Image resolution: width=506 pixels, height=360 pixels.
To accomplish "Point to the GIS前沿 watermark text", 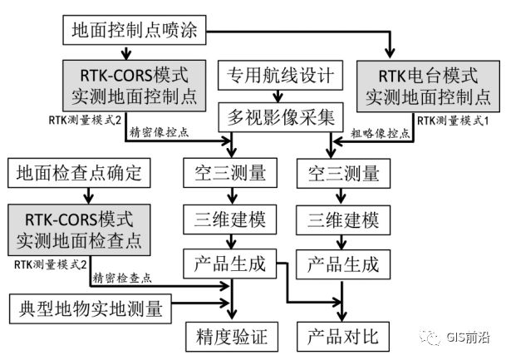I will coord(470,335).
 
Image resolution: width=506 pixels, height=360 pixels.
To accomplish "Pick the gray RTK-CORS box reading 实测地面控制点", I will coord(132,86).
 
